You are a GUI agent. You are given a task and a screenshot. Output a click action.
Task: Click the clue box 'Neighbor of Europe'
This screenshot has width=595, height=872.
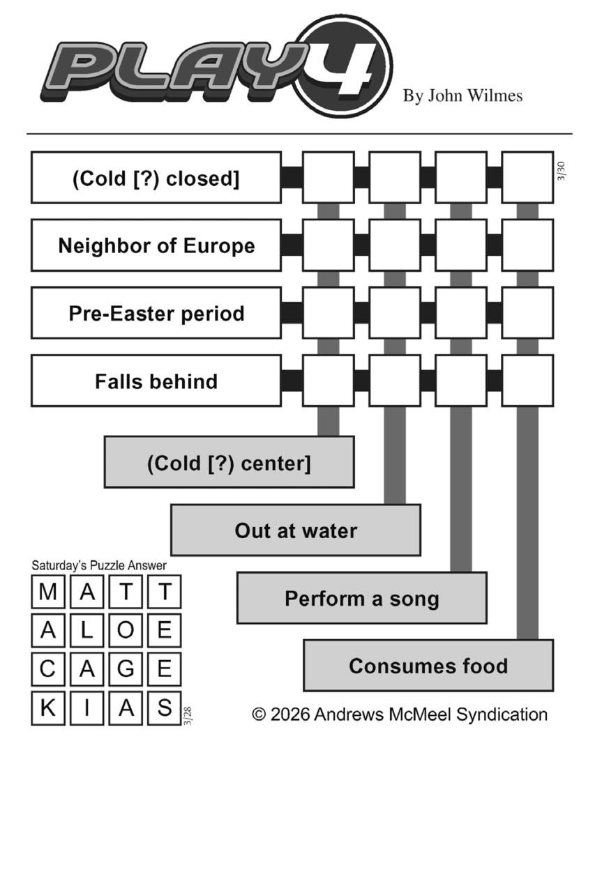[x=156, y=245]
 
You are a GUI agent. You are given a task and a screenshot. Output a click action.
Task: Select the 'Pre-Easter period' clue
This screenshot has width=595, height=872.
[x=156, y=313]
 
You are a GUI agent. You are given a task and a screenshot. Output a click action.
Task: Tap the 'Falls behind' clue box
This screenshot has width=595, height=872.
[x=156, y=381]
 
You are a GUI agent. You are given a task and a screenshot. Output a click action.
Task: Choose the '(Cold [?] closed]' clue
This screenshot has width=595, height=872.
[x=156, y=178]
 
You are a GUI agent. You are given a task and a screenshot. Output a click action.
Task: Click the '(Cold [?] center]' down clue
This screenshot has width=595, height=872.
[x=229, y=462]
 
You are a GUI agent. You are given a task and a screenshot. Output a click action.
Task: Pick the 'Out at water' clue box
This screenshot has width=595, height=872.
[x=296, y=530]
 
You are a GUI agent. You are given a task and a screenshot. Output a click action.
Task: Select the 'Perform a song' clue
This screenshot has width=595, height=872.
[x=361, y=598]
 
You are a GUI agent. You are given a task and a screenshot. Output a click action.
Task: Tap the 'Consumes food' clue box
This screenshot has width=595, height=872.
[x=428, y=666]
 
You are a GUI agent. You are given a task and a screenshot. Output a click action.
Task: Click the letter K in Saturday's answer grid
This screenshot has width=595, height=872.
[x=48, y=707]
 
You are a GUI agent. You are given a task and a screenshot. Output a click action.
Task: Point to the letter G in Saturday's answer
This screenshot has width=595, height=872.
[x=126, y=669]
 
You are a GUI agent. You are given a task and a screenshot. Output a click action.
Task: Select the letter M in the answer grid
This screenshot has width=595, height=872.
[x=48, y=592]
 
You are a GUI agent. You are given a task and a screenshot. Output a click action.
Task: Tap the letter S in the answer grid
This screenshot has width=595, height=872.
[x=165, y=707]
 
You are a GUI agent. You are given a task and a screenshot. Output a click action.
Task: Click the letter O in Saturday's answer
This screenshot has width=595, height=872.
[x=126, y=630]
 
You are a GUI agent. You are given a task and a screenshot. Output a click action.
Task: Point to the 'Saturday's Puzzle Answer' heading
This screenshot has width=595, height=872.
[x=99, y=565]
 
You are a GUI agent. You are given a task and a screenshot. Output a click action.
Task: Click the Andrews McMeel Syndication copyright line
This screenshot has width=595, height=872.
[x=400, y=714]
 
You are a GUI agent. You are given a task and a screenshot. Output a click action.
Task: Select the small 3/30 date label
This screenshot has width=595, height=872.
[x=562, y=171]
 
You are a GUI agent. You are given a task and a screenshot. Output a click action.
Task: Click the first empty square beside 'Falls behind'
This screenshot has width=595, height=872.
[x=328, y=381]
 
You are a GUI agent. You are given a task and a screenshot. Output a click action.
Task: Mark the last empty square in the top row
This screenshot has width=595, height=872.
[x=527, y=178]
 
